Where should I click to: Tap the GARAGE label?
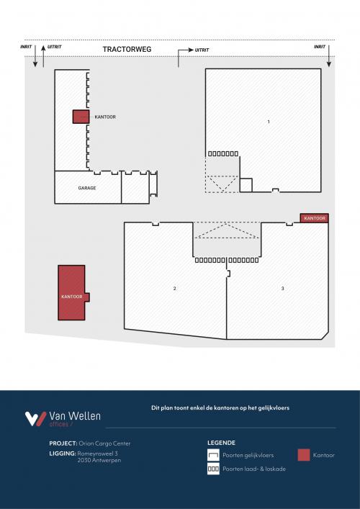pos(87,188)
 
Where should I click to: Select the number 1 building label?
pos(268,122)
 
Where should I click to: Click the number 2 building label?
pos(175,289)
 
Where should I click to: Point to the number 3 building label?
pos(283,289)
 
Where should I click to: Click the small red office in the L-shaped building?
pos(81,117)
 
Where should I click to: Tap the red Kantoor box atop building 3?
pos(314,218)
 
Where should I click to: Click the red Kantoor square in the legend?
pos(304,455)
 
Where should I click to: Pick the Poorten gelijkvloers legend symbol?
pos(213,455)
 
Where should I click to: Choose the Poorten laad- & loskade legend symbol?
pos(213,469)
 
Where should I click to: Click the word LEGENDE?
pos(221,443)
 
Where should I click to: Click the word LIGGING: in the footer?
pos(63,454)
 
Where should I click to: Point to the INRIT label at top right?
pos(320,46)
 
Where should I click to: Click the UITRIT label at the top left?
pos(54,46)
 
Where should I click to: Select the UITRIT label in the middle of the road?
pos(202,50)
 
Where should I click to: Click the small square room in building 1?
pos(246,185)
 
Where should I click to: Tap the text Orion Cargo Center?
pos(104,443)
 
